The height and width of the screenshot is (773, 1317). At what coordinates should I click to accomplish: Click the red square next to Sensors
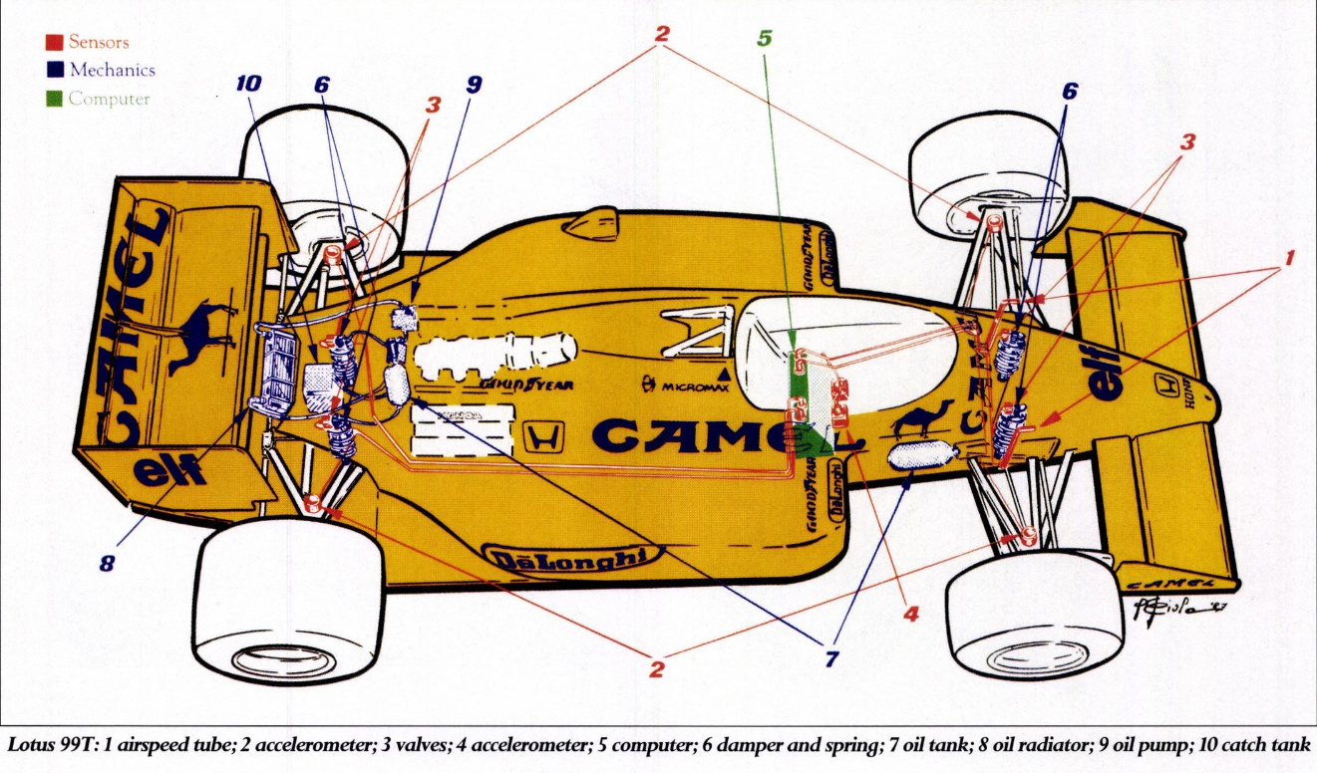[55, 43]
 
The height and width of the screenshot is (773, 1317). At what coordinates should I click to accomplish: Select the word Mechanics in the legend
[112, 71]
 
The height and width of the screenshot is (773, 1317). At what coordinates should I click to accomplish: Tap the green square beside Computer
[55, 99]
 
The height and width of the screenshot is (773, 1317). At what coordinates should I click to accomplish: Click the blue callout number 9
[473, 85]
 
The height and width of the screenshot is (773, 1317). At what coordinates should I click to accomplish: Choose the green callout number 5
[764, 39]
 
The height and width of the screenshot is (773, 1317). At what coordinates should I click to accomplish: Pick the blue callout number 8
[107, 563]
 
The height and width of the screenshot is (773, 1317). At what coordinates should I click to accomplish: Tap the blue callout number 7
[830, 659]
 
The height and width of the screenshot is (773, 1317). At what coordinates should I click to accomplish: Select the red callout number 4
[910, 614]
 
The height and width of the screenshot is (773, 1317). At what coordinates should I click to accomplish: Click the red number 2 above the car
[662, 33]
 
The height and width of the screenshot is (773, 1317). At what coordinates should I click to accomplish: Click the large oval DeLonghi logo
[570, 559]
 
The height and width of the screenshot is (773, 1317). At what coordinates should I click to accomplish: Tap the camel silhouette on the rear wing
[203, 334]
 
